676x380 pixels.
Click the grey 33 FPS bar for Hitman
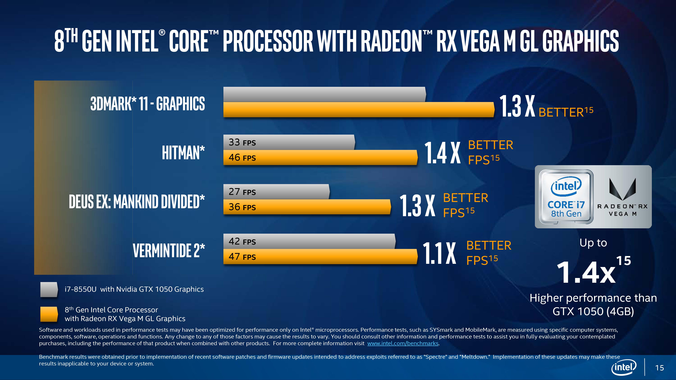[289, 142]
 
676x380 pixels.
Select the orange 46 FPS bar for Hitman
[320, 158]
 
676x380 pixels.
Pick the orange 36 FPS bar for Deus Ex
[307, 207]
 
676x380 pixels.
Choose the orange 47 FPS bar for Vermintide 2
[320, 257]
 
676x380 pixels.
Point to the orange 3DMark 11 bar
[358, 110]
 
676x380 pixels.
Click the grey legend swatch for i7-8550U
[49, 289]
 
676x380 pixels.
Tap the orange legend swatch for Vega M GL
[49, 314]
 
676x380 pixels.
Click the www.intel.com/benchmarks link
[403, 343]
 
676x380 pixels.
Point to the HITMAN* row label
[183, 153]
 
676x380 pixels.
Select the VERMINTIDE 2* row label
[169, 250]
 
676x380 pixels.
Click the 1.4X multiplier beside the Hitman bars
[442, 153]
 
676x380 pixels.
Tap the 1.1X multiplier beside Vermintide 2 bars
[439, 253]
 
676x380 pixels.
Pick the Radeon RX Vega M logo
[622, 197]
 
